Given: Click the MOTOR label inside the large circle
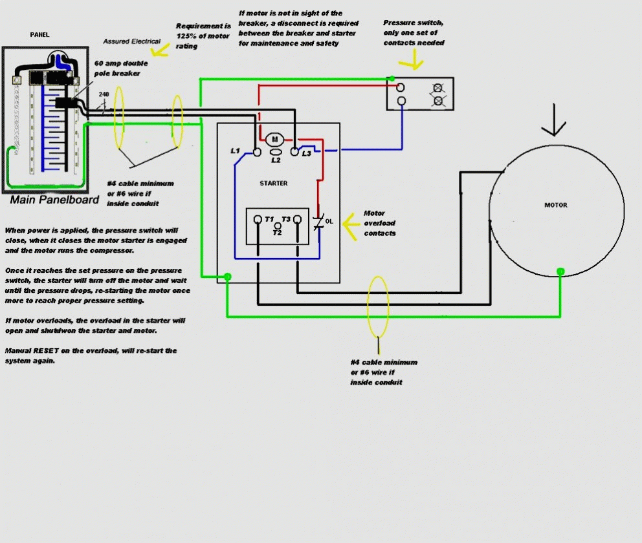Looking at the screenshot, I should tap(555, 205).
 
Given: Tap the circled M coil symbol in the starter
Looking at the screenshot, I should tap(273, 140).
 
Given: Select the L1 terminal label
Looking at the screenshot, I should tap(236, 151).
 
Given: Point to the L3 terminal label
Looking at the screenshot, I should tap(306, 153).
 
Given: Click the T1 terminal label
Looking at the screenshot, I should tap(269, 219).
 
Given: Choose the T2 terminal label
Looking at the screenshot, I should tap(277, 232).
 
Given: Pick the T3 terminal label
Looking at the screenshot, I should tap(286, 219).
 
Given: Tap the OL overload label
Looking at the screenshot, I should tap(329, 221).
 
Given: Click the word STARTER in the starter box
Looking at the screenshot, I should tap(274, 183).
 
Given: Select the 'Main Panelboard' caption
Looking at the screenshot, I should tap(55, 200).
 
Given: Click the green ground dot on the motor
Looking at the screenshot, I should tap(560, 271).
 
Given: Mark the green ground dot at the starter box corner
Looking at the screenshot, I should tap(227, 277).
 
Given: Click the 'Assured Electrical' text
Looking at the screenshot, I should tap(132, 41).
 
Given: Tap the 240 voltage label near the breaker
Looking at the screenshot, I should tap(104, 94).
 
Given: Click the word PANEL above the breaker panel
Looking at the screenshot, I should tap(39, 34).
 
